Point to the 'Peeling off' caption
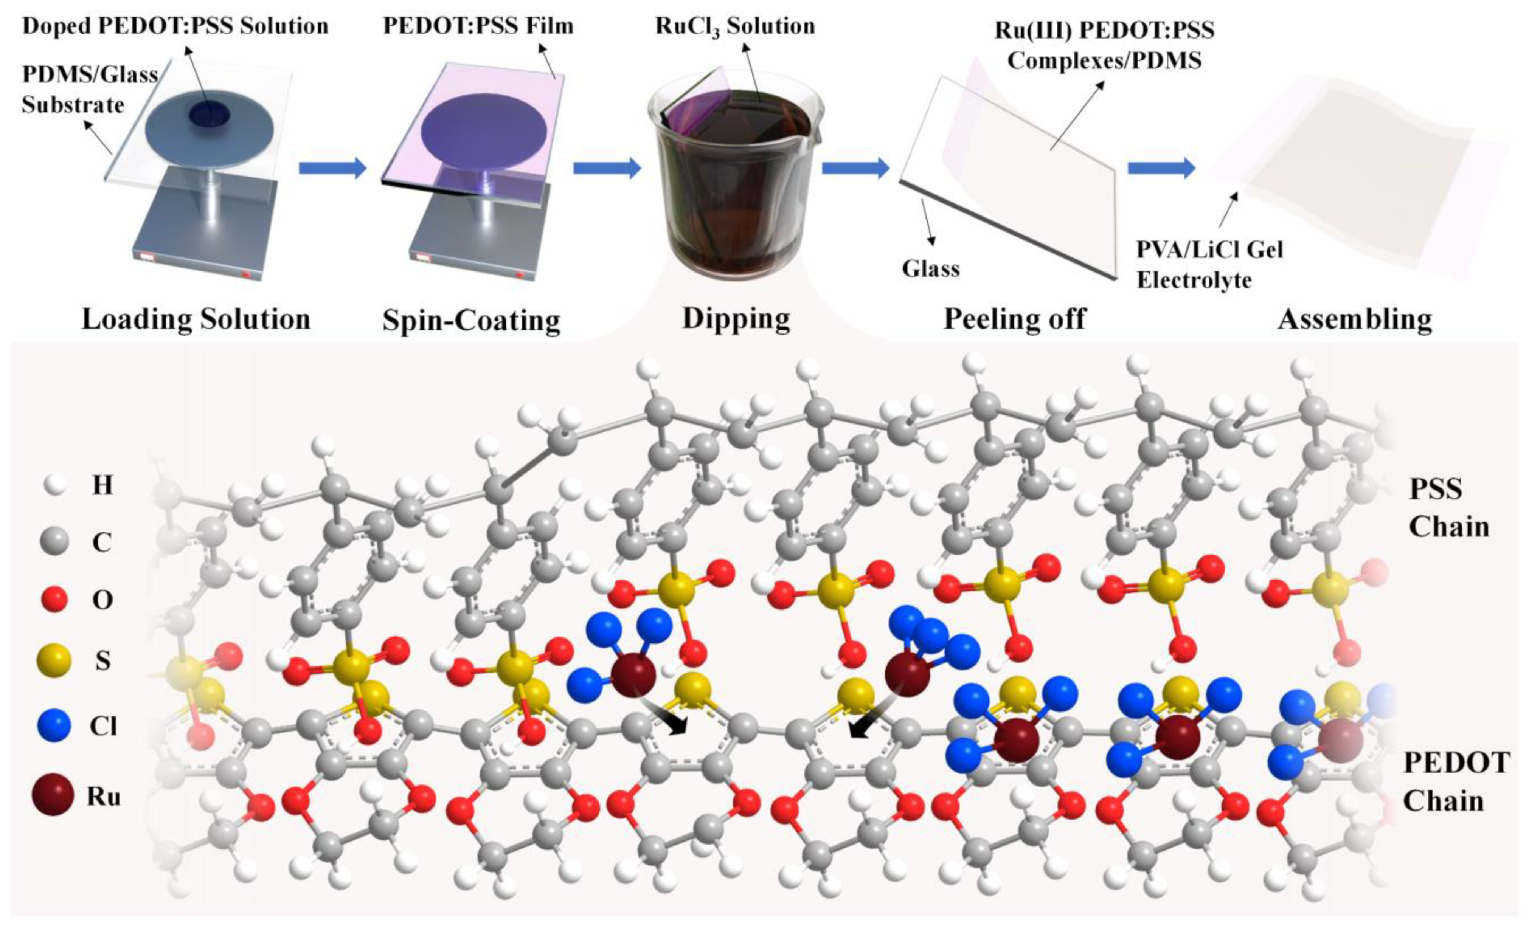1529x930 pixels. [1015, 319]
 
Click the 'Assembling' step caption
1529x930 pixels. [1355, 319]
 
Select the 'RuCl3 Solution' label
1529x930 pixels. [735, 27]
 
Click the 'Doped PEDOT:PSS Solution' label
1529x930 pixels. [175, 27]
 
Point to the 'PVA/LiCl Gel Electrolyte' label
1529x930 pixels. [1209, 265]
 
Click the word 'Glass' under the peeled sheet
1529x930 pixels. [930, 269]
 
